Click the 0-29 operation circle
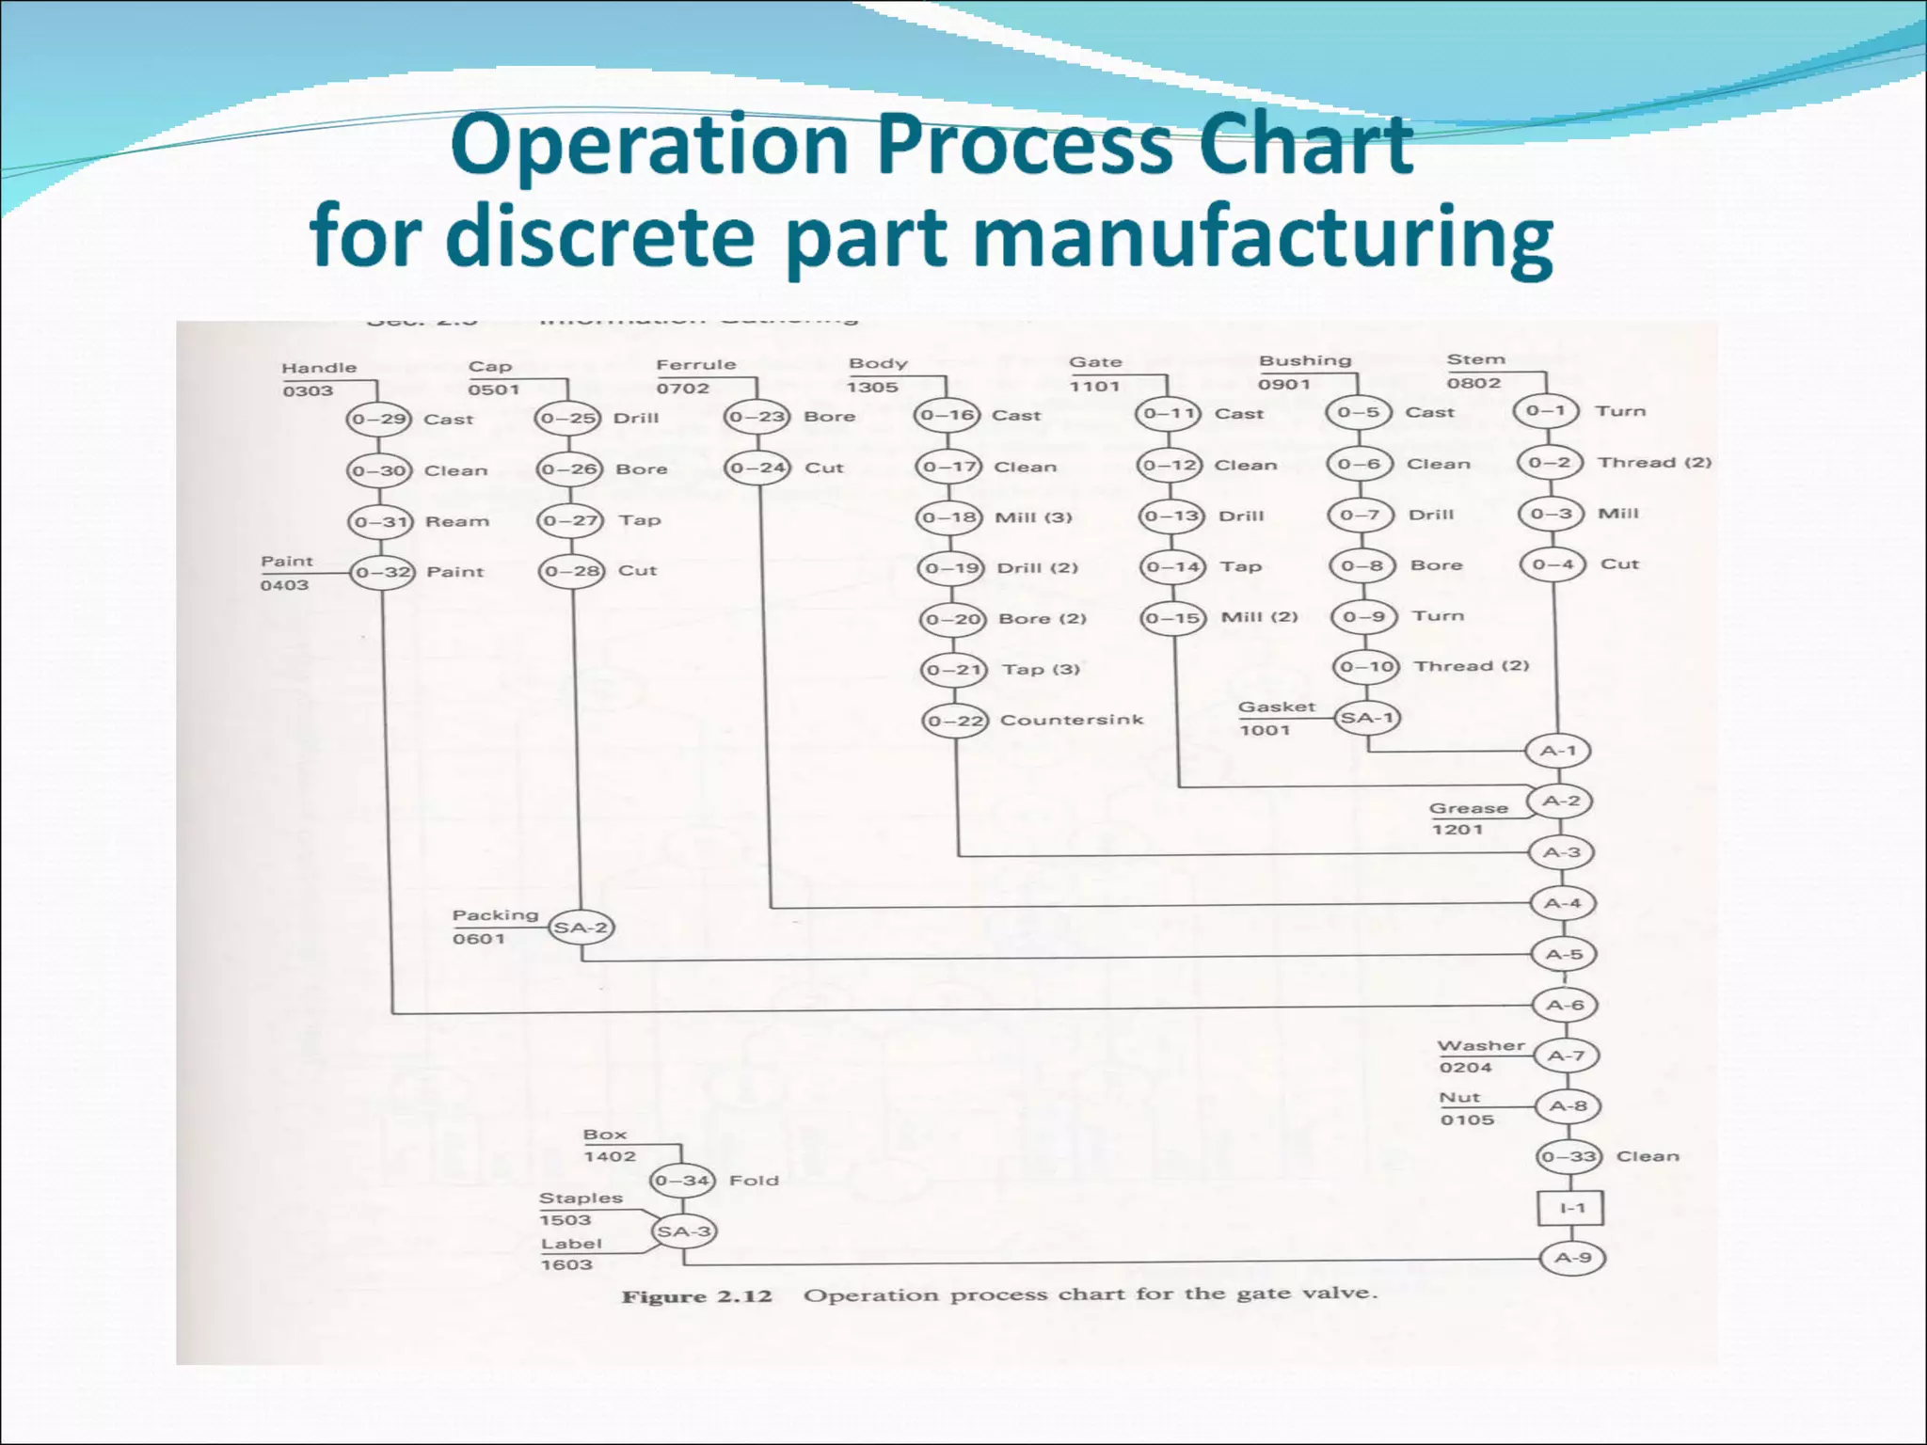point(379,419)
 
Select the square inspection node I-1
point(1571,1207)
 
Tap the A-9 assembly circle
point(1572,1258)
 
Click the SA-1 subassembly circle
point(1367,718)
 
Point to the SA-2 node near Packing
point(581,928)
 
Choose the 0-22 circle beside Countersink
point(955,721)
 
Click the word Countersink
point(1072,720)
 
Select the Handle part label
point(319,368)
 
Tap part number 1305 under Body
point(872,387)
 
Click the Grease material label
point(1468,808)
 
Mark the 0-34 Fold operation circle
point(683,1180)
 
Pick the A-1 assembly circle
point(1558,751)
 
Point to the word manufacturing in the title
point(1262,236)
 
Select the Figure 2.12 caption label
point(696,1296)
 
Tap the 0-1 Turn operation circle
point(1546,411)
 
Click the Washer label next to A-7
point(1481,1045)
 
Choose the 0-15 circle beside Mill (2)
point(1173,618)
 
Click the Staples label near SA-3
point(581,1198)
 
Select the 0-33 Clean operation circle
point(1569,1156)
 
